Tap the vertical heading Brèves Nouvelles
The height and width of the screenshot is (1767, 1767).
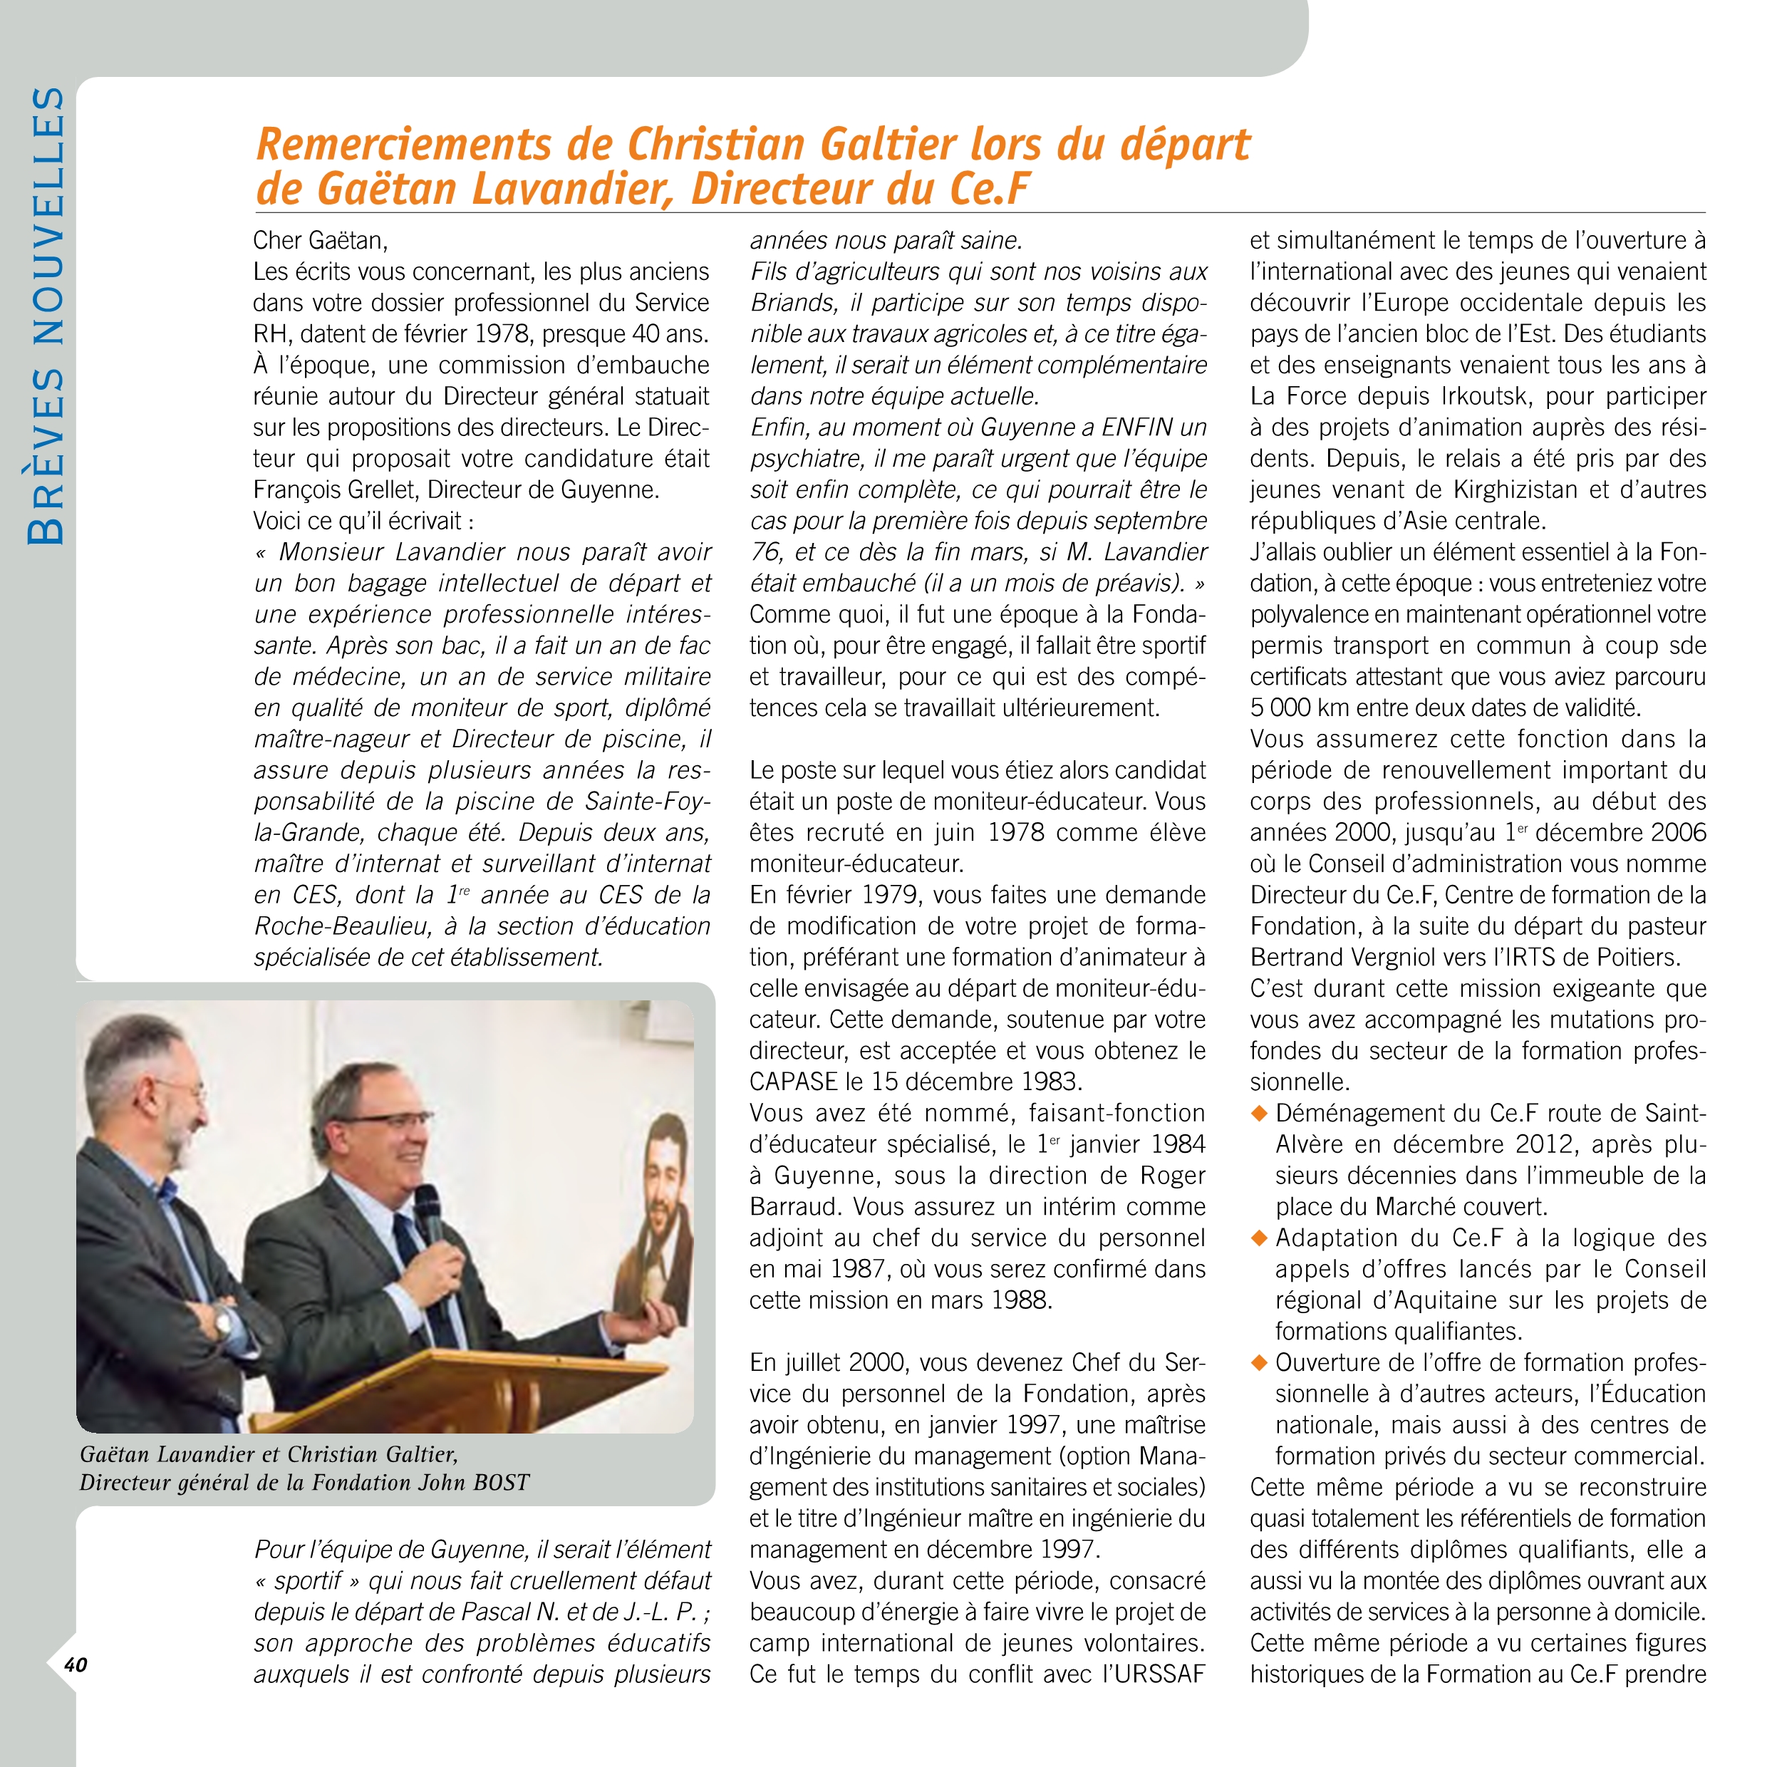coord(46,316)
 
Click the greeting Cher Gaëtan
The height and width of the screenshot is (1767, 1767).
coord(320,241)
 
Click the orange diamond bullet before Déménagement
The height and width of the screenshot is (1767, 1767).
coord(1260,1113)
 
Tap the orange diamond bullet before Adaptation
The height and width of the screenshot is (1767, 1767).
coord(1260,1238)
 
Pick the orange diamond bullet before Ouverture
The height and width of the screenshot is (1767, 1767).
coord(1260,1363)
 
